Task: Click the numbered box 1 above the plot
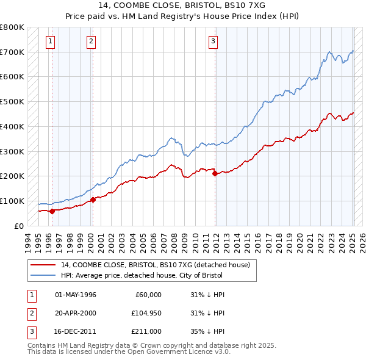(49, 41)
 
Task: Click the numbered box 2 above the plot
(91, 41)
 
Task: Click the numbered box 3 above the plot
(213, 41)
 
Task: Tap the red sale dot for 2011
(215, 173)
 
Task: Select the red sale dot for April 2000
(93, 200)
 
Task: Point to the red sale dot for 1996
(52, 211)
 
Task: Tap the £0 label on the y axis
(19, 226)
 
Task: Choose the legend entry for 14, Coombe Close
(155, 265)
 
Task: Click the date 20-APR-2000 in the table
(76, 313)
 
